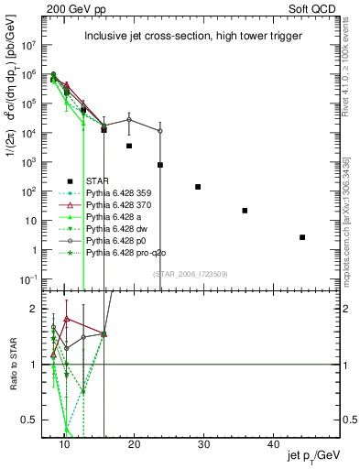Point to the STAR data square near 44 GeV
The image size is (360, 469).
pyautogui.click(x=302, y=237)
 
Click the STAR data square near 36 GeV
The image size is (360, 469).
pyautogui.click(x=245, y=211)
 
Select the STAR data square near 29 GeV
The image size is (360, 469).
pyautogui.click(x=198, y=187)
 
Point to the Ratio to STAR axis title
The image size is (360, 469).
pyautogui.click(x=13, y=365)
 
